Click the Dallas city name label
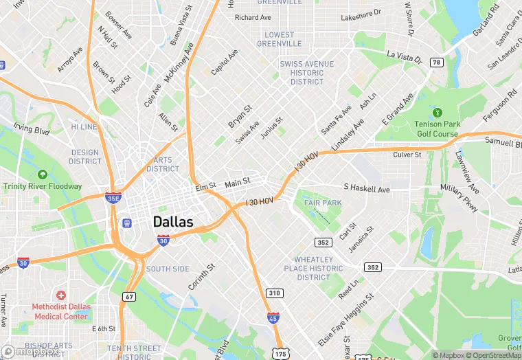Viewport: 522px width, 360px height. tap(173, 222)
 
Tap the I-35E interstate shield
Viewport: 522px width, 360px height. tap(113, 197)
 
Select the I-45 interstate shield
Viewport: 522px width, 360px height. tap(273, 317)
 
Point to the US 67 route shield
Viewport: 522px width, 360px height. tap(128, 296)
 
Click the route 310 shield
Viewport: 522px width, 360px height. tap(275, 293)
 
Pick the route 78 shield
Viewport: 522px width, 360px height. tap(436, 63)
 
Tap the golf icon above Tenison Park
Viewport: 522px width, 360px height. tap(436, 112)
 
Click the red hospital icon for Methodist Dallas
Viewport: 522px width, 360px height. tap(61, 294)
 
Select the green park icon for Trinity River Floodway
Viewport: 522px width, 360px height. tap(43, 175)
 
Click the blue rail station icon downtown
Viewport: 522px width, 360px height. tap(126, 223)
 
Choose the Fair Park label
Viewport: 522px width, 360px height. tap(322, 203)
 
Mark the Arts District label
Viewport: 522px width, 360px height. tap(163, 164)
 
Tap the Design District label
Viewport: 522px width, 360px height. tap(84, 157)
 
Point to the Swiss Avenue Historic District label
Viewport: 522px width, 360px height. tap(307, 73)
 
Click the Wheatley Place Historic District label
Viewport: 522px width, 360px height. tap(314, 269)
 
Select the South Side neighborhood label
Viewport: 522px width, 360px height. tap(167, 269)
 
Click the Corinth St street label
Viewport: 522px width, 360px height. tap(202, 276)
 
